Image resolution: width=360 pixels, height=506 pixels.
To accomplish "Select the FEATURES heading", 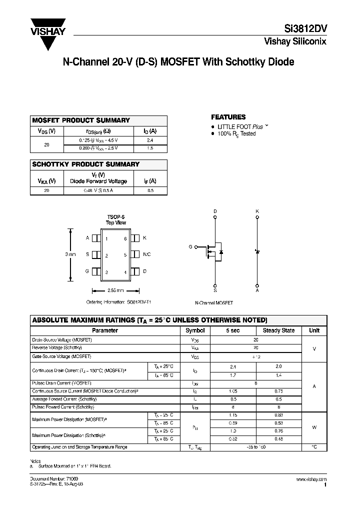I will click(x=228, y=117).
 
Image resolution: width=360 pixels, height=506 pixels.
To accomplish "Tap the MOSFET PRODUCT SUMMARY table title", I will click(x=81, y=120).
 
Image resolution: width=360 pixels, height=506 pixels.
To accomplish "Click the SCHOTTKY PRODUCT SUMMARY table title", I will click(x=86, y=164).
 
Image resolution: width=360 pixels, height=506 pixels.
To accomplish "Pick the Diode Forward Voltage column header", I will click(x=98, y=181).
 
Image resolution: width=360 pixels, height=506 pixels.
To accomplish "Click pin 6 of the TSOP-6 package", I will click(x=125, y=238).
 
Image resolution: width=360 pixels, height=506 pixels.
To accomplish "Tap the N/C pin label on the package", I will click(x=146, y=255).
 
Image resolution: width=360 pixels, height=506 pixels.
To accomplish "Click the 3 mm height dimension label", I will click(x=70, y=254).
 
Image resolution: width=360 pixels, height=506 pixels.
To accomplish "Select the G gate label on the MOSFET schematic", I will click(x=190, y=247).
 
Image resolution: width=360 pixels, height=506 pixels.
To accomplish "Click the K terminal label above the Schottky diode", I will click(x=257, y=211).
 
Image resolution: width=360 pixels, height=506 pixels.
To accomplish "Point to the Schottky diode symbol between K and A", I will click(x=257, y=250).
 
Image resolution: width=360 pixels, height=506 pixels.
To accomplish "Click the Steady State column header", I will click(x=278, y=330).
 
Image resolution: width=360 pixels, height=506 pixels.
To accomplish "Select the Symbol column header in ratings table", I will click(x=195, y=330).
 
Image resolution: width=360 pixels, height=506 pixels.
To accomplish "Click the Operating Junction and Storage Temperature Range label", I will click(x=79, y=447).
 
